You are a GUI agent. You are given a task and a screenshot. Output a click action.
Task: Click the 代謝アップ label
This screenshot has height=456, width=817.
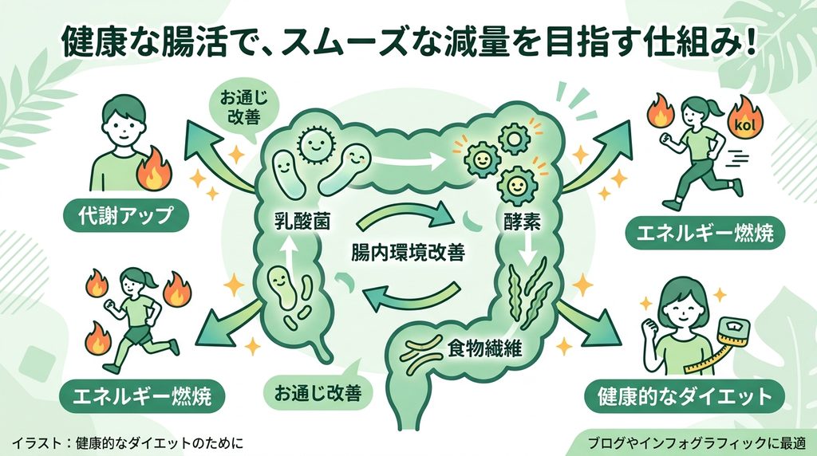125,214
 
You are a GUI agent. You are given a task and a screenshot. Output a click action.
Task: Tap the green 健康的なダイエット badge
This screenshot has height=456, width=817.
684,396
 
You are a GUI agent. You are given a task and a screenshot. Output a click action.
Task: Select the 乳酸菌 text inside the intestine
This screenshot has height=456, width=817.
302,222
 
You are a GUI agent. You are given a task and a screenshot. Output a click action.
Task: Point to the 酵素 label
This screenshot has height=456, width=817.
522,222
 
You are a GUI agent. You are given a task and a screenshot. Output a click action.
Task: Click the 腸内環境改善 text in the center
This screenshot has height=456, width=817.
408,253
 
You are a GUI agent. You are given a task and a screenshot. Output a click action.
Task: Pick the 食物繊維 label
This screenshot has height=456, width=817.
484,348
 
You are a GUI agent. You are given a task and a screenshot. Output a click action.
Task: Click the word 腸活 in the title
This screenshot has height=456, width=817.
198,41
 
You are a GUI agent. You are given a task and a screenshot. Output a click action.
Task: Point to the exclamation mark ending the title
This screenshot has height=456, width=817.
749,41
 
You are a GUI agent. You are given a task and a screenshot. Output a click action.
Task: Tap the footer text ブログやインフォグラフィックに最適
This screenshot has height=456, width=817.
696,443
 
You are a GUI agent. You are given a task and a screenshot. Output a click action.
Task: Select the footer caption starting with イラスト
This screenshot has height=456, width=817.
127,443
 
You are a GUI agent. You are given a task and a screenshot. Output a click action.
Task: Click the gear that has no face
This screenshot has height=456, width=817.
515,138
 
